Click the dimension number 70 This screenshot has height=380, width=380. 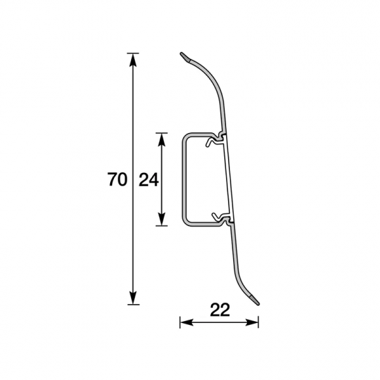point(117,180)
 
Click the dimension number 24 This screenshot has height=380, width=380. point(149,180)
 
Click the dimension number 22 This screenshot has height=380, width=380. point(219,310)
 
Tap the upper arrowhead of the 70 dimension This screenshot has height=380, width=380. point(133,60)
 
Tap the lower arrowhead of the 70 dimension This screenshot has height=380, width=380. point(133,297)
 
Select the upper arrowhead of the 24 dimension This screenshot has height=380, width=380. point(161,140)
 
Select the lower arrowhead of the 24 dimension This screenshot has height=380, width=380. point(161,219)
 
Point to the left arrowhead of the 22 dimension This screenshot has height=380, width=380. point(187,322)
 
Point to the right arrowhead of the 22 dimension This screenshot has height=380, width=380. point(252,322)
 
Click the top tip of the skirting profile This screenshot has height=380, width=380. point(181,54)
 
